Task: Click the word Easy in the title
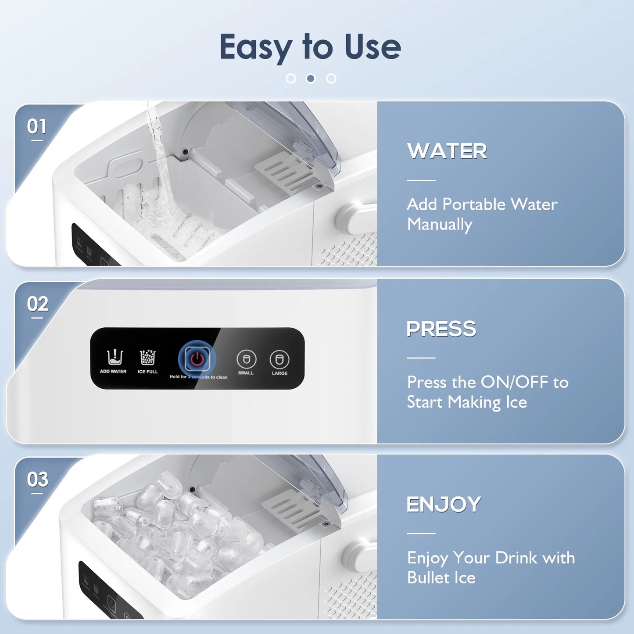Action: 255,47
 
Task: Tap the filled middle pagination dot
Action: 311,79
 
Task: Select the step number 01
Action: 36,127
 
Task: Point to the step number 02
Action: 37,304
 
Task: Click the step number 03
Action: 37,480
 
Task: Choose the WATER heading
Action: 447,151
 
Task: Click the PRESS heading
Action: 441,329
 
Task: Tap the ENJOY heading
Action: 444,505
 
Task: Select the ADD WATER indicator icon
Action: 115,357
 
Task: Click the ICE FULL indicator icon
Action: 147,357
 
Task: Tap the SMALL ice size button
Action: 246,359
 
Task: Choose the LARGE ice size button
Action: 279,360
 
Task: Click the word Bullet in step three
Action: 428,578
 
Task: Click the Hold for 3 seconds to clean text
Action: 198,377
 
